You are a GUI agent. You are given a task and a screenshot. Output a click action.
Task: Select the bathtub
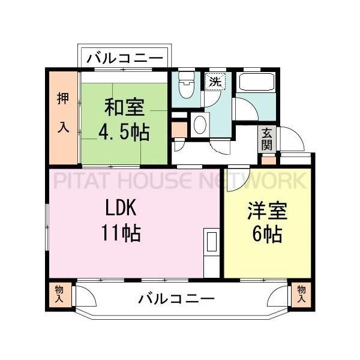point(256,82)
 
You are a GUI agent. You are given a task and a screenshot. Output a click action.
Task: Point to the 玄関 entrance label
point(267,139)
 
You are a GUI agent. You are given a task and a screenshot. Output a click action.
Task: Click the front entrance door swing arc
point(292,139)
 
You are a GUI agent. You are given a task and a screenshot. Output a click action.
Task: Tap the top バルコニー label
point(125,58)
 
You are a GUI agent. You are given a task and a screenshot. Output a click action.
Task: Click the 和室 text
point(124,109)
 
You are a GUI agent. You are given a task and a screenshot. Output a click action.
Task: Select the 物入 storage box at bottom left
point(59,293)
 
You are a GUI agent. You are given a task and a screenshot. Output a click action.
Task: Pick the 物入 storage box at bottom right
point(301,293)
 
